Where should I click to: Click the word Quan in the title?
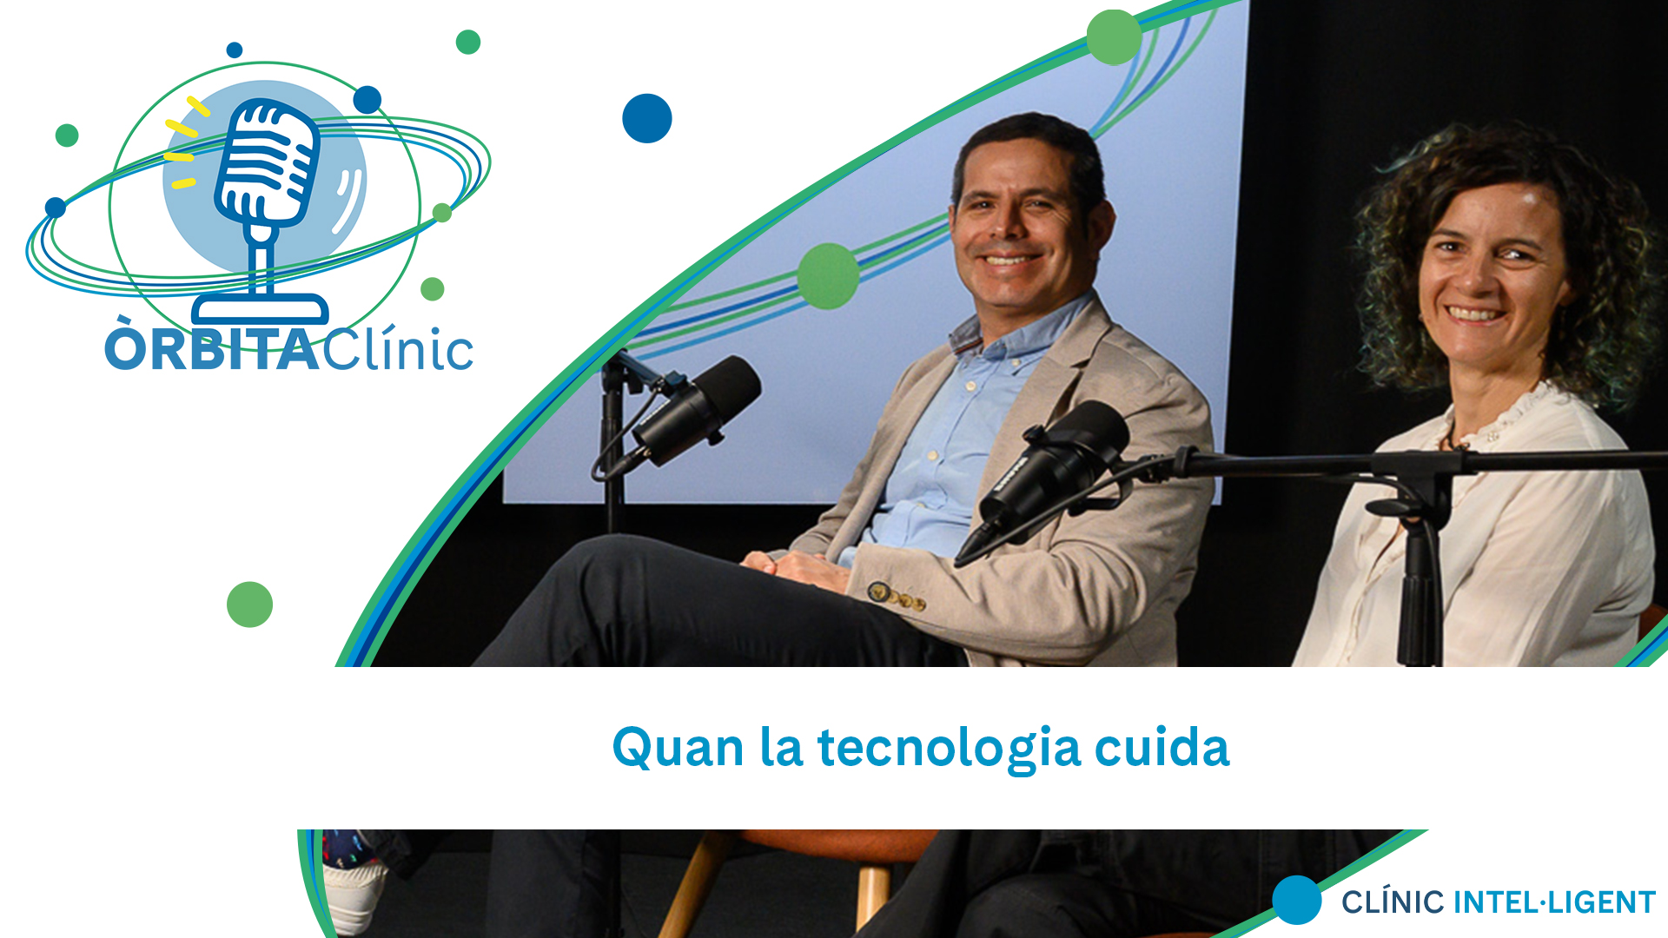(678, 749)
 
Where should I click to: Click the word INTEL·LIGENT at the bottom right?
(1554, 902)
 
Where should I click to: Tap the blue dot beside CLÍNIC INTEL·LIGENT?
(1297, 900)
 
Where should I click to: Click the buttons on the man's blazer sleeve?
(898, 596)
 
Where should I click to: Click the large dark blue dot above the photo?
(647, 118)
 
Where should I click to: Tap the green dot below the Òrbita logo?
(249, 604)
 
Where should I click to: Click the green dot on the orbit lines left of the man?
(829, 276)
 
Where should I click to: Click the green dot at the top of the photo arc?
(1114, 36)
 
